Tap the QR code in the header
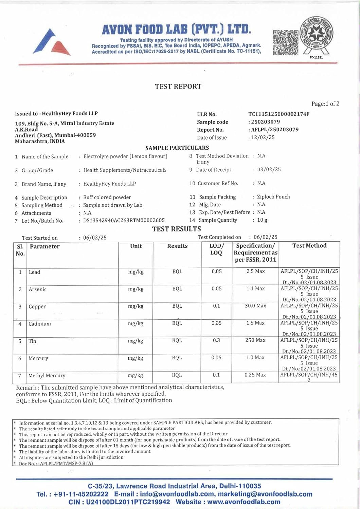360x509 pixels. tap(286, 42)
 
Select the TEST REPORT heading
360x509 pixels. tap(178, 87)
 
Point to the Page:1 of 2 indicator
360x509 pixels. tap(325, 103)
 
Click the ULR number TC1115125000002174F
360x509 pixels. tap(278, 114)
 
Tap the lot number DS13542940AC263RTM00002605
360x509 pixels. tap(124, 221)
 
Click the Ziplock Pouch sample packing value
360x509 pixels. tap(273, 197)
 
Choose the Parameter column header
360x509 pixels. tap(44, 246)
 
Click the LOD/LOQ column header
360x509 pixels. tap(216, 249)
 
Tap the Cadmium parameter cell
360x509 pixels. tap(40, 324)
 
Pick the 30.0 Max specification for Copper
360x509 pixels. tap(255, 306)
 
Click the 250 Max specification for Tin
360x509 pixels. tap(255, 340)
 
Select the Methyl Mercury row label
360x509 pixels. tap(47, 376)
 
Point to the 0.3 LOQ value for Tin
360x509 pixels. tap(216, 340)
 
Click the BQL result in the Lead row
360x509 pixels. tap(177, 271)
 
